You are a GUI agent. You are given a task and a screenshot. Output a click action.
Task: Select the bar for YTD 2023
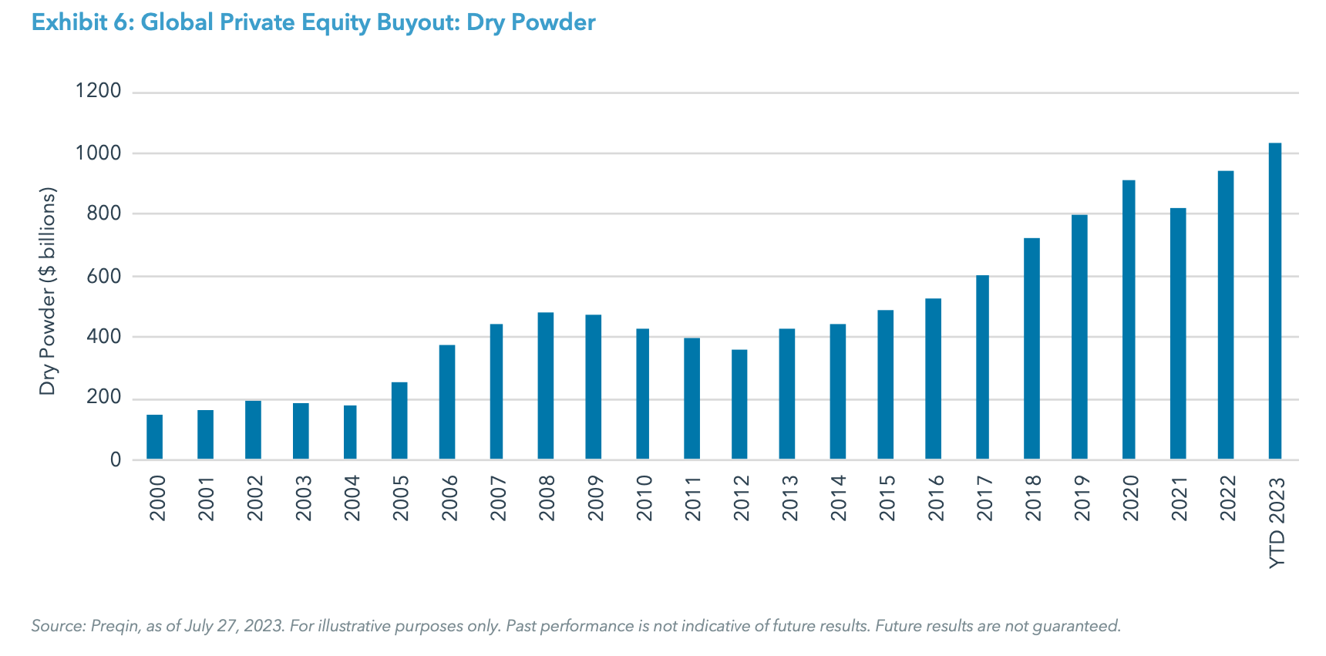(x=1275, y=301)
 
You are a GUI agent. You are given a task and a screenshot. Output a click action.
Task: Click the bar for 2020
(x=1129, y=320)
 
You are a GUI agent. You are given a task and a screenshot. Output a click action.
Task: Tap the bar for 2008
(x=546, y=385)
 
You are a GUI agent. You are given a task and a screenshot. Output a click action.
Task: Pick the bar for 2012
(x=739, y=405)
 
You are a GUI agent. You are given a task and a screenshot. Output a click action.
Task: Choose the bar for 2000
(x=154, y=437)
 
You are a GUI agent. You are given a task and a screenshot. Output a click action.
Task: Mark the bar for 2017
(x=982, y=367)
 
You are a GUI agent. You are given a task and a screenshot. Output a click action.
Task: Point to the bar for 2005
(x=399, y=421)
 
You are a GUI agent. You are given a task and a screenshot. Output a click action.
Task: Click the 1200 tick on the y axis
(x=98, y=91)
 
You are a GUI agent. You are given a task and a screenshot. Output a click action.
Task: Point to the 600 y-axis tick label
(x=104, y=276)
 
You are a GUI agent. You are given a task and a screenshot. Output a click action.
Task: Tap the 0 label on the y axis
(x=116, y=460)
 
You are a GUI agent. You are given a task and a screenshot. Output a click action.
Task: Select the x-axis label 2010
(x=644, y=498)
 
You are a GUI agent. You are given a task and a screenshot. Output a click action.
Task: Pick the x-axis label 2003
(x=303, y=498)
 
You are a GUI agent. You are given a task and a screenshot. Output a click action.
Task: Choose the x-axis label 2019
(x=1082, y=498)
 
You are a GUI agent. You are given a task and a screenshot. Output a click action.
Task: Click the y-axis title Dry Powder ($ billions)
(x=48, y=291)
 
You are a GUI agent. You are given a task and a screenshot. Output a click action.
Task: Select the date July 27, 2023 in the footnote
(x=234, y=626)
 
